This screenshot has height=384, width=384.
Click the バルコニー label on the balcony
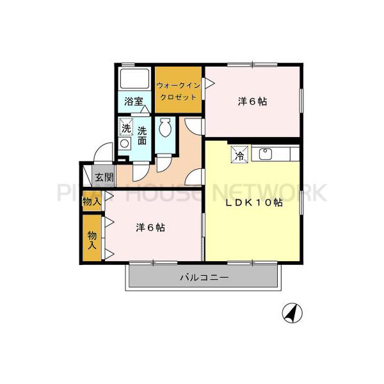point(204,277)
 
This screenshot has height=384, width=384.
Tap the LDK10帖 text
point(252,203)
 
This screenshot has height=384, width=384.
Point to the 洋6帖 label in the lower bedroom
point(150,227)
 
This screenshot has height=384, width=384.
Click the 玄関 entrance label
point(104,177)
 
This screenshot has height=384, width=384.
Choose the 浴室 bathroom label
point(133,100)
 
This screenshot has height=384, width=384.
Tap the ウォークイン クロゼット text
point(179,90)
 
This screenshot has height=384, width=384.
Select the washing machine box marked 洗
point(126,127)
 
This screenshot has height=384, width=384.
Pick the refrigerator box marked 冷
point(238,154)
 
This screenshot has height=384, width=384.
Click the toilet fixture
point(165,127)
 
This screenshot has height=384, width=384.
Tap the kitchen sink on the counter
point(265,154)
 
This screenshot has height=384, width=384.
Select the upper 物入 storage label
point(92,201)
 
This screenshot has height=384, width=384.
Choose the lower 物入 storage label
point(92,239)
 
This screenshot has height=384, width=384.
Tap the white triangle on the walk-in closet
point(205,84)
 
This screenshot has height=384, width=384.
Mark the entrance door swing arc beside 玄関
point(100,156)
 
